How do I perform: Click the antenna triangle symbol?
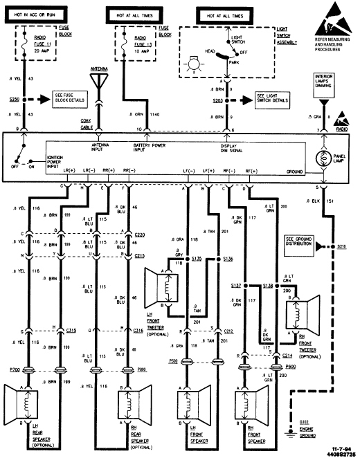[x=99, y=80]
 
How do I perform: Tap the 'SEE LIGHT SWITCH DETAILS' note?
[x=273, y=100]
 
